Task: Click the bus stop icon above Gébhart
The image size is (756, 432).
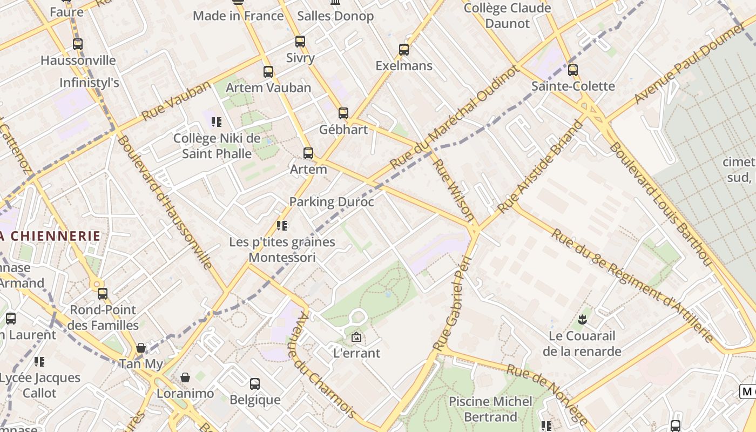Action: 343,113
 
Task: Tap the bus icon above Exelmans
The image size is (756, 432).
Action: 404,50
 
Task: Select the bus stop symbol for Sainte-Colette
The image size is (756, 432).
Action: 573,70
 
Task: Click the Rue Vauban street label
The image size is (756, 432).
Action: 176,101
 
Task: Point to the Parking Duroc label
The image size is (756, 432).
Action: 332,202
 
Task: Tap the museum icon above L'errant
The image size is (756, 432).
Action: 356,337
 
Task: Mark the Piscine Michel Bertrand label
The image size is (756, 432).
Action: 490,409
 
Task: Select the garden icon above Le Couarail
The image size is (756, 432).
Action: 582,320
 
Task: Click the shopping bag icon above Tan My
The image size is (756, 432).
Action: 141,348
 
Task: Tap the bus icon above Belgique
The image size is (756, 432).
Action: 255,384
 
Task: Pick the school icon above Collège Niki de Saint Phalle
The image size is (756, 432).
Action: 217,123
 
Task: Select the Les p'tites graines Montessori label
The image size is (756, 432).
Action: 282,249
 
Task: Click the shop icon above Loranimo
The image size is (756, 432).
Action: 185,377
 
